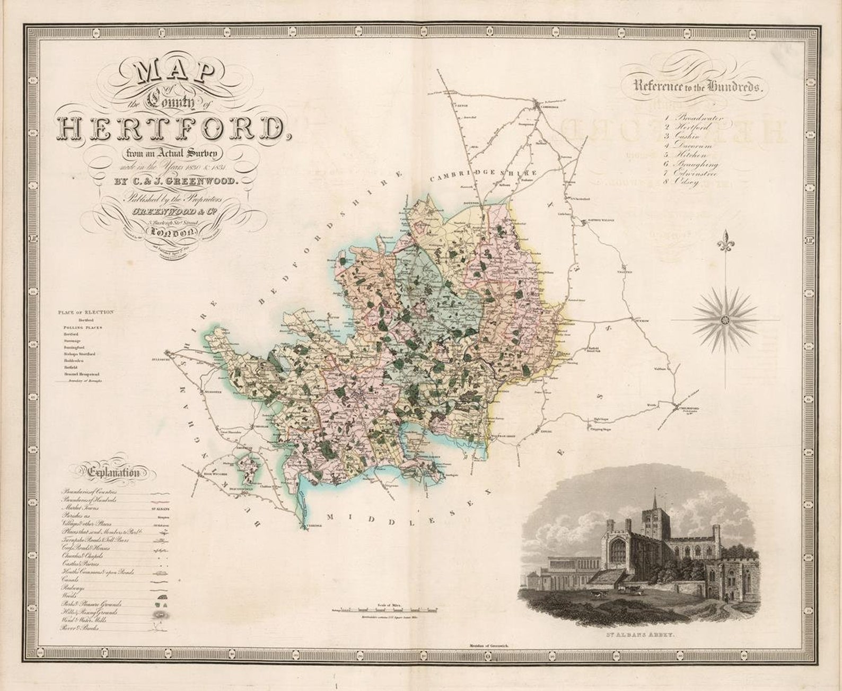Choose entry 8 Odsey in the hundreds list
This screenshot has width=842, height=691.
(x=684, y=182)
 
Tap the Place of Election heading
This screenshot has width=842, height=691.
(x=86, y=312)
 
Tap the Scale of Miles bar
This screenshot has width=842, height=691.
(x=387, y=610)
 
